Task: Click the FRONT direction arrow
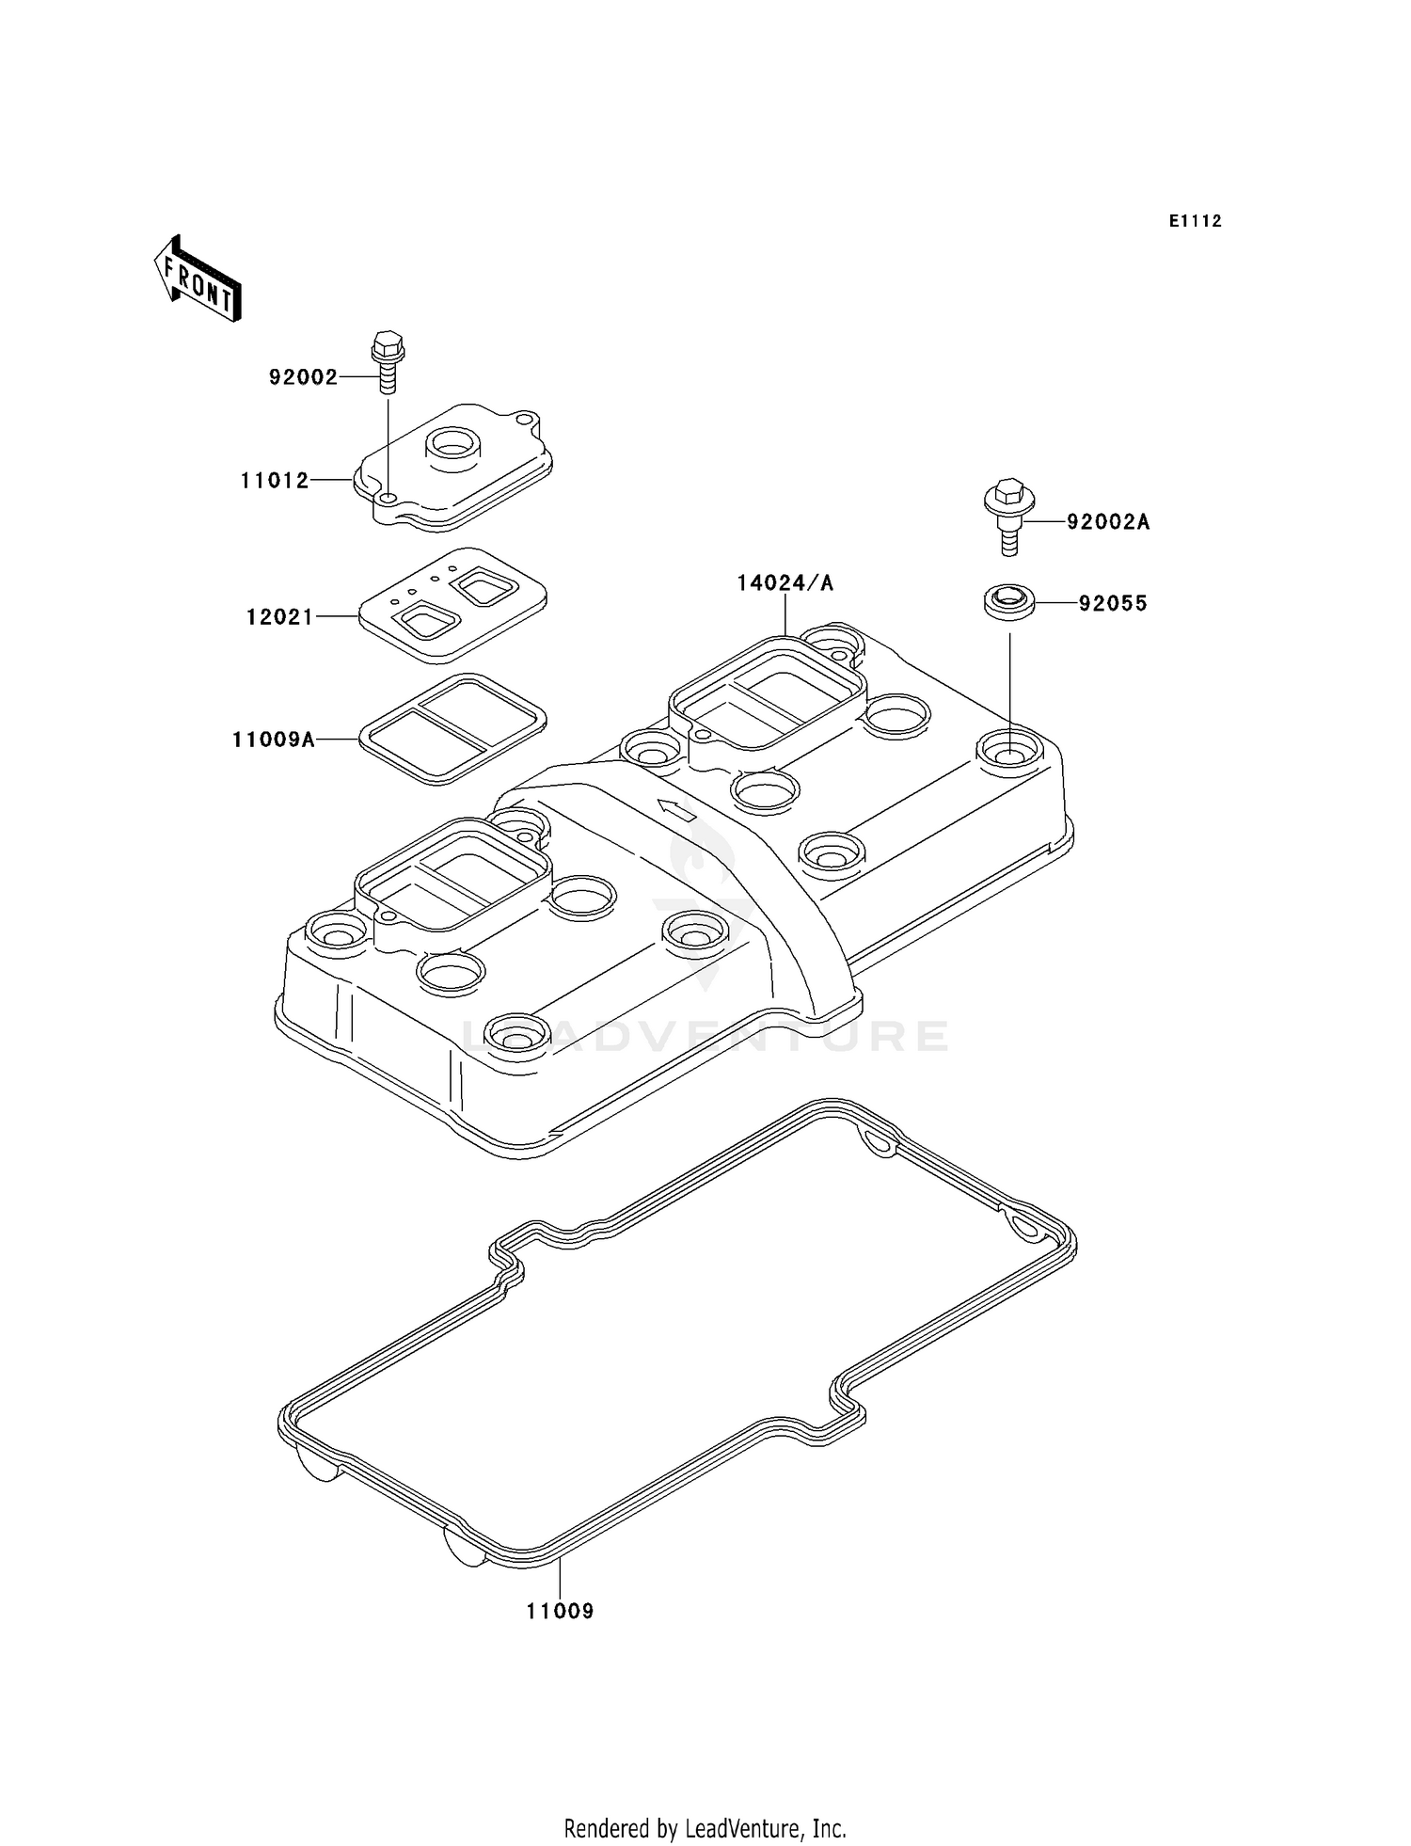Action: point(198,279)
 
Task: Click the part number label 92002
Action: point(303,377)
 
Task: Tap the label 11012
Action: point(275,481)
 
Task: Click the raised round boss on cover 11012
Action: point(452,442)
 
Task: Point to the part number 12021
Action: point(279,617)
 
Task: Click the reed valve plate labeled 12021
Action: point(452,602)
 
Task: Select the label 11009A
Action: point(274,740)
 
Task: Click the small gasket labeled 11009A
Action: point(452,729)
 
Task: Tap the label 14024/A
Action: point(785,583)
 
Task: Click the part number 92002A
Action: point(1107,522)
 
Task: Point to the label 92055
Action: point(1113,604)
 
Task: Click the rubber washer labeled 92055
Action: point(1008,601)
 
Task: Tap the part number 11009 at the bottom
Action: point(560,1611)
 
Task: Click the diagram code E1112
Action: point(1195,221)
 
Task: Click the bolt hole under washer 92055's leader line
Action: point(1009,752)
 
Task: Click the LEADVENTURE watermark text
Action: point(705,1036)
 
